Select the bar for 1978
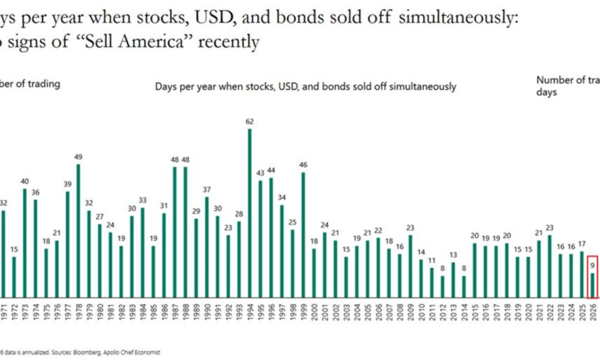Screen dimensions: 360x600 pyautogui.click(x=79, y=231)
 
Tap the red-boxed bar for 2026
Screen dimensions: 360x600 pyautogui.click(x=592, y=285)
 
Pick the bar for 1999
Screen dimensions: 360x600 pyautogui.click(x=303, y=235)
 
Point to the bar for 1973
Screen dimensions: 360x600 pyautogui.click(x=25, y=243)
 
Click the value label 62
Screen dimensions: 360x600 pyautogui.click(x=250, y=122)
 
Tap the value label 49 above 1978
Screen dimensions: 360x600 pyautogui.click(x=79, y=157)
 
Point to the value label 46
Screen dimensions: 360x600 pyautogui.click(x=303, y=165)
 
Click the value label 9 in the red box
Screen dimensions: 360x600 pyautogui.click(x=592, y=263)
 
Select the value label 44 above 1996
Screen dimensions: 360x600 pyautogui.click(x=271, y=170)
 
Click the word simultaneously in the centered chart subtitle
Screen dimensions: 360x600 pyautogui.click(x=422, y=86)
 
